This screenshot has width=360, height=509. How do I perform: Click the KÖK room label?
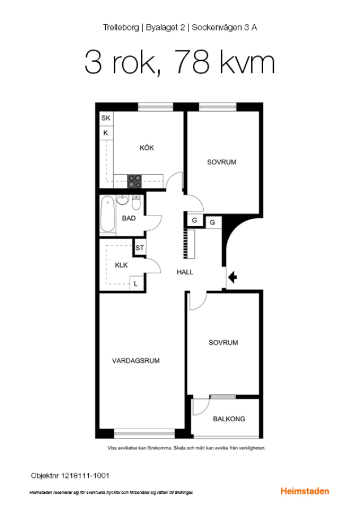(x=147, y=148)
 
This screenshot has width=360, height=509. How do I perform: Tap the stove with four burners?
(x=134, y=182)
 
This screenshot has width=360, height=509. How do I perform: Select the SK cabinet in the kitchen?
(x=106, y=118)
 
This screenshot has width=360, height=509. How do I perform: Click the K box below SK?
(x=106, y=132)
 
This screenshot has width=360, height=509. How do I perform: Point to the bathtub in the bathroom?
(x=108, y=214)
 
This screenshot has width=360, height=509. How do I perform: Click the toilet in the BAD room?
(x=136, y=202)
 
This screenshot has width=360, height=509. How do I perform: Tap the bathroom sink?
(x=122, y=200)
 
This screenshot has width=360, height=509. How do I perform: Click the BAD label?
(x=128, y=218)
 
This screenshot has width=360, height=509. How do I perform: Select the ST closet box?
(x=140, y=248)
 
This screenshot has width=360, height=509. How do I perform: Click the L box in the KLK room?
(x=136, y=283)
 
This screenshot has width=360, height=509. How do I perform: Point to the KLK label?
(x=121, y=265)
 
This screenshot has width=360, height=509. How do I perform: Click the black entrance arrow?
(x=232, y=278)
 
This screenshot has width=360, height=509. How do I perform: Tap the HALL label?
(x=185, y=272)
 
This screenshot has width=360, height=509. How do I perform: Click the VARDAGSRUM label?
(x=136, y=361)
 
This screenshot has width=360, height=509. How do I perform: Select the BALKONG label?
(x=229, y=419)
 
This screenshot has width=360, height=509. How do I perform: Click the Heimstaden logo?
(x=305, y=491)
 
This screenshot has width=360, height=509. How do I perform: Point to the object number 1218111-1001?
(x=85, y=476)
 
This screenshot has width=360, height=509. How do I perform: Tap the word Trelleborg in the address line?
(x=121, y=28)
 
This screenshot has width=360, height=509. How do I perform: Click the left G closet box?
(x=195, y=221)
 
